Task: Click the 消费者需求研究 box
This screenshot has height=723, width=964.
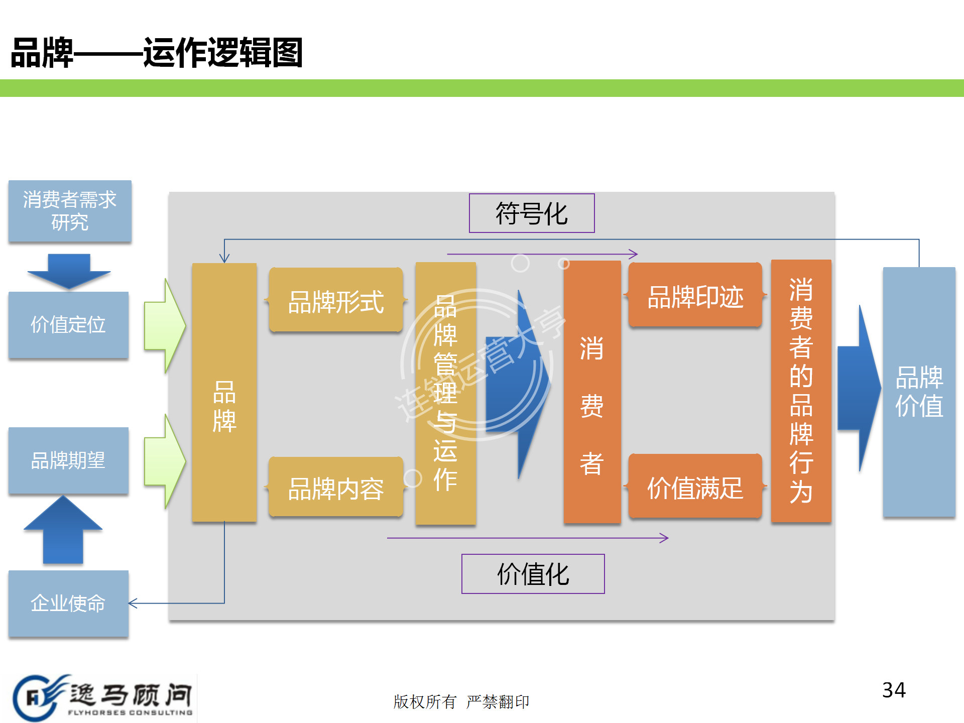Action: [x=70, y=211]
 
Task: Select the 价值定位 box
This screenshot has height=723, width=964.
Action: [x=68, y=325]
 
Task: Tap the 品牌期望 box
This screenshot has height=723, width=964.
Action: [x=68, y=460]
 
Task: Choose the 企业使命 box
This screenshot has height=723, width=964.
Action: [x=68, y=603]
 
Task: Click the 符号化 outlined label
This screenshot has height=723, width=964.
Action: [x=532, y=213]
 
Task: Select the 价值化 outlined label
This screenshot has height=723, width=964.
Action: [x=533, y=574]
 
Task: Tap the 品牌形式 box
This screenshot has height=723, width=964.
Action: [x=336, y=300]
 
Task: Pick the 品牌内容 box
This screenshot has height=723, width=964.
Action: [x=336, y=487]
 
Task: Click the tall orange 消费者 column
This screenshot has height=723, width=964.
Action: [x=592, y=392]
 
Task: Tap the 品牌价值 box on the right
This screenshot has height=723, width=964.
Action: [x=919, y=392]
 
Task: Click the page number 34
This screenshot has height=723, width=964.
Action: [x=894, y=690]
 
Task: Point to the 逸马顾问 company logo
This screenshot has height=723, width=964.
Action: [x=103, y=698]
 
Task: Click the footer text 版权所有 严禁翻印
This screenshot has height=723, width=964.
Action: [x=461, y=701]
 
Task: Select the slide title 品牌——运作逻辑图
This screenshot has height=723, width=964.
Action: [x=157, y=53]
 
